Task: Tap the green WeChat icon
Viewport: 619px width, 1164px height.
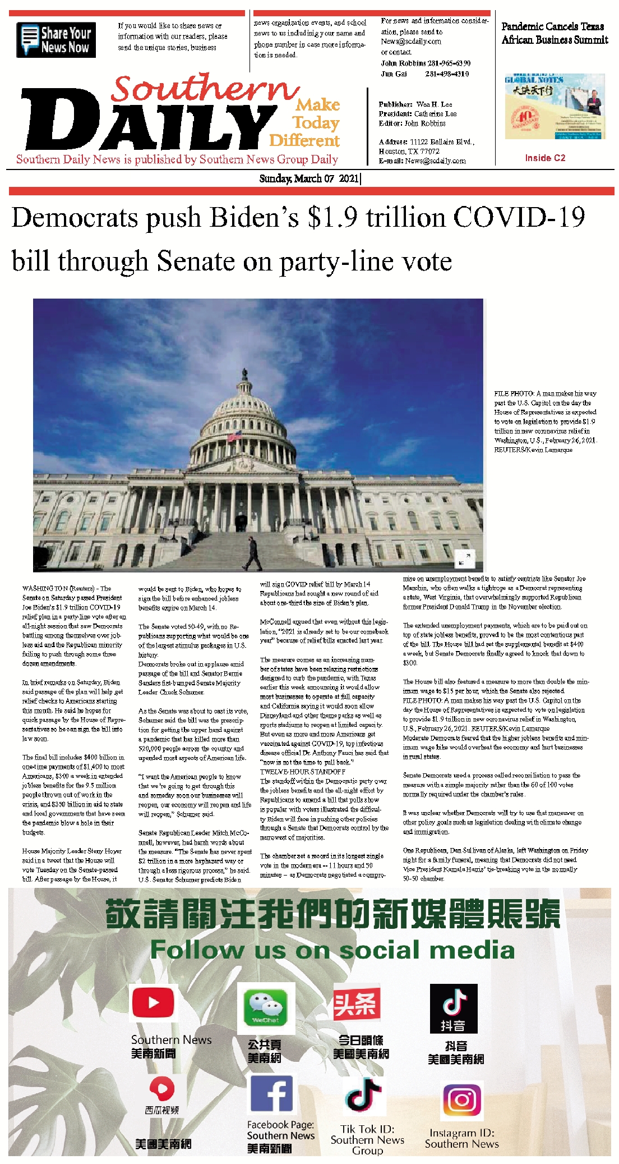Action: click(x=265, y=1007)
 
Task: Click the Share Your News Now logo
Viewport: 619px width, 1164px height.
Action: click(x=56, y=40)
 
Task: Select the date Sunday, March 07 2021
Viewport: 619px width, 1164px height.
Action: click(x=309, y=178)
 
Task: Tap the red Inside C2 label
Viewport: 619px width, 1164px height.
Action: click(x=545, y=158)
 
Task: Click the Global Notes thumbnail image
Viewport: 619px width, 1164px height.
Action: click(x=554, y=107)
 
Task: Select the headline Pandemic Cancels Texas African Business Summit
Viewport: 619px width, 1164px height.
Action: click(x=554, y=33)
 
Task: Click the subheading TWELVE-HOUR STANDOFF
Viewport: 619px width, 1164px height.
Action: click(x=302, y=772)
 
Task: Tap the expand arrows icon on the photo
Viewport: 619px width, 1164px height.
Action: click(x=464, y=558)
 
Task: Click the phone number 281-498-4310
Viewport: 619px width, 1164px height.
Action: click(x=447, y=74)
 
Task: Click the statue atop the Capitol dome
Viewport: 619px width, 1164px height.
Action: click(x=244, y=374)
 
